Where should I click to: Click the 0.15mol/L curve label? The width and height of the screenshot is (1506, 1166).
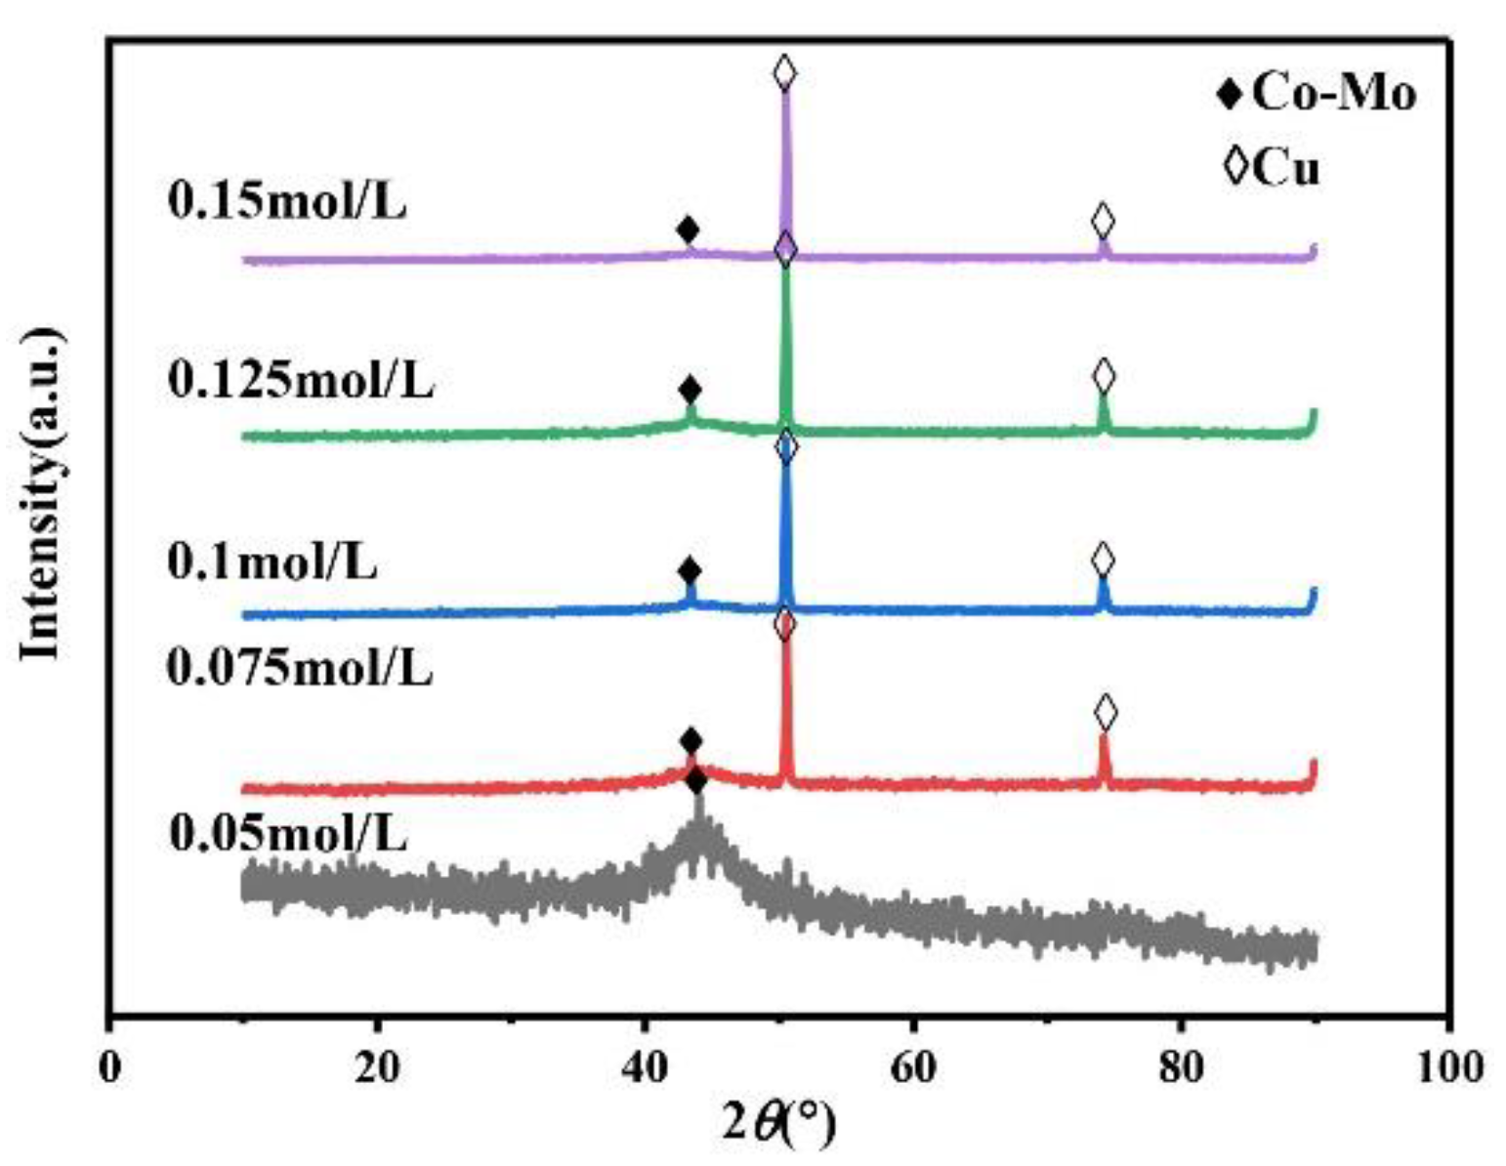click(287, 202)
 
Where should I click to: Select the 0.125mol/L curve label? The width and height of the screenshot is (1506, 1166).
click(301, 381)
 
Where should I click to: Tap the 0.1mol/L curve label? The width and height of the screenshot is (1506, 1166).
click(272, 563)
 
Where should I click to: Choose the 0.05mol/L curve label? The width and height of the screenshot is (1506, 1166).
click(288, 834)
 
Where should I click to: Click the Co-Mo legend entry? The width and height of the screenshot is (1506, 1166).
click(1317, 94)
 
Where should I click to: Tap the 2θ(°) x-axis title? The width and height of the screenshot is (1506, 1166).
click(779, 1124)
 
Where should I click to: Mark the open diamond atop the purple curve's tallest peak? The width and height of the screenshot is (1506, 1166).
click(784, 72)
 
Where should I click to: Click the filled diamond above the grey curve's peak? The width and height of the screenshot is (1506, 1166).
click(696, 781)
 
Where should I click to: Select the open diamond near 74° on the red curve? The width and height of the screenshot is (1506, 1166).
click(1105, 713)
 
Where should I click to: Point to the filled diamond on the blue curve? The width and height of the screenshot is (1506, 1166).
click(690, 571)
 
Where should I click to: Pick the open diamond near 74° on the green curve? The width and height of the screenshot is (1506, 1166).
click(1104, 375)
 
